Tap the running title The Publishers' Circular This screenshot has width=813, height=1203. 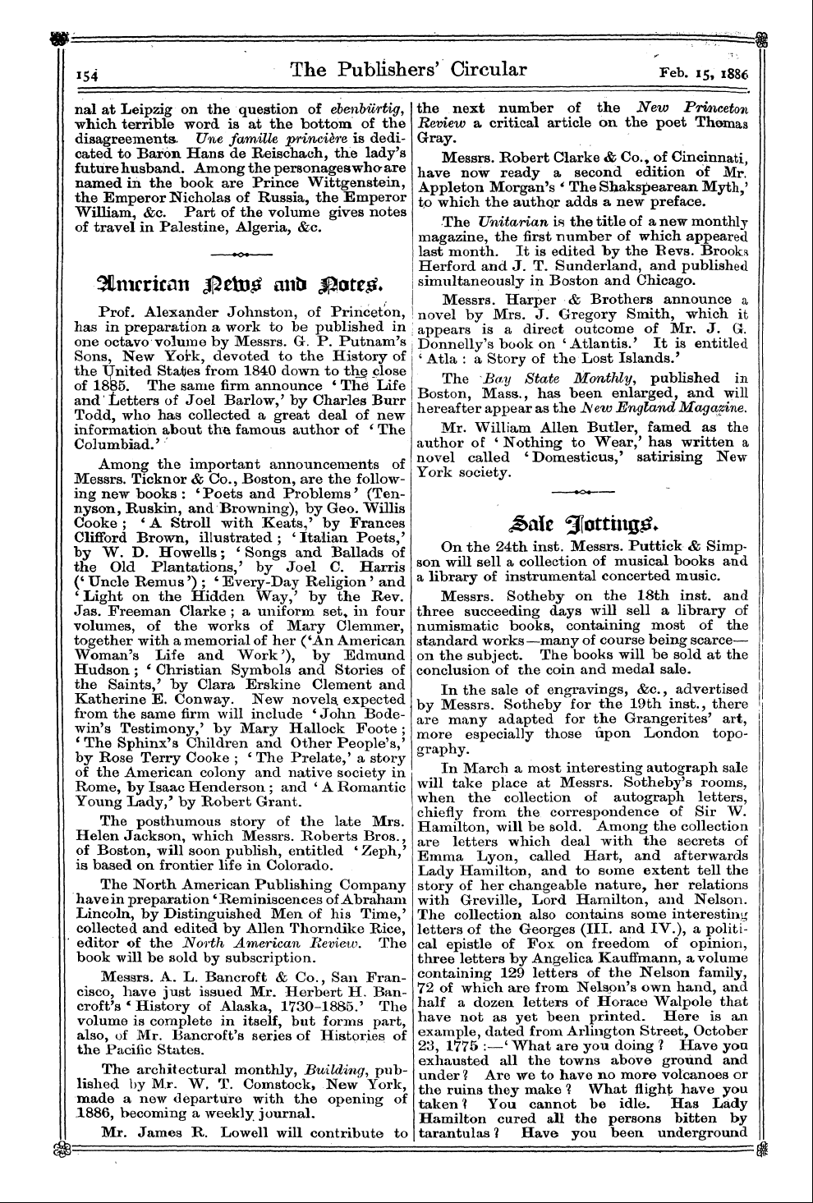408,70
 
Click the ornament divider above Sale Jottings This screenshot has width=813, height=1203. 583,491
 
